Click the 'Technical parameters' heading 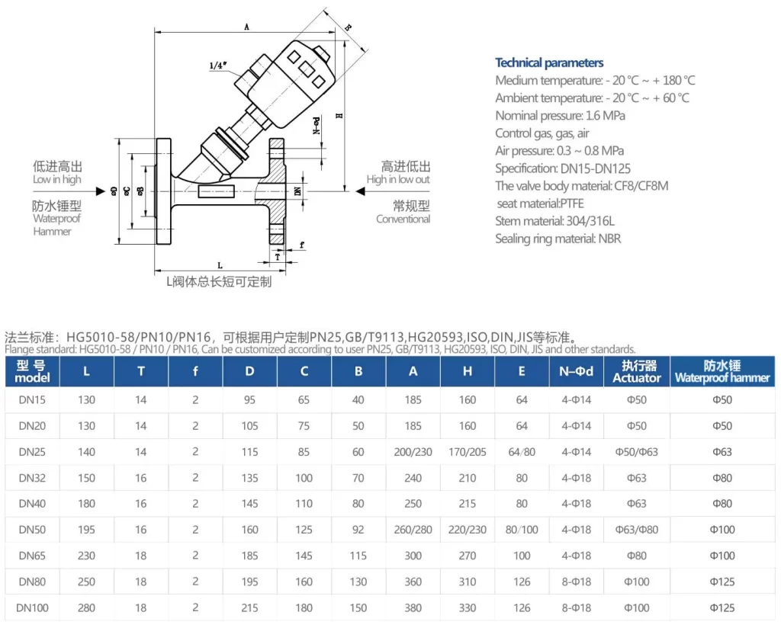point(549,63)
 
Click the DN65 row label point(32,556)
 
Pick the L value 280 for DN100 point(87,608)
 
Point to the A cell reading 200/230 point(413,452)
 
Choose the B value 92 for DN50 point(358,530)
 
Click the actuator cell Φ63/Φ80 point(636,530)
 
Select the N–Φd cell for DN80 point(576,582)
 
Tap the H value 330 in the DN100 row point(468,608)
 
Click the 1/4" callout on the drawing point(219,66)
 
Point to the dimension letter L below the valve point(220,265)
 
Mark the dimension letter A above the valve point(247,27)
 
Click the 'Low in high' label point(57,179)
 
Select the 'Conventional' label point(403,219)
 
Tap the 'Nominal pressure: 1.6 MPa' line point(560,116)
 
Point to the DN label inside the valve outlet point(297,191)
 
